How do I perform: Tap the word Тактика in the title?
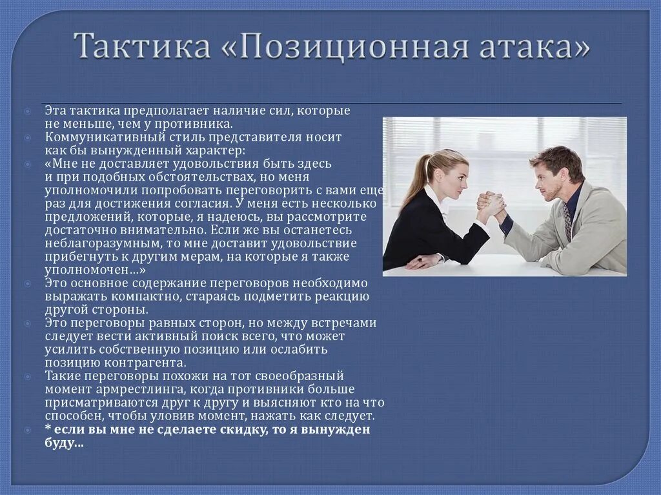click(141, 47)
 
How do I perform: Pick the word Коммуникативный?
click(96, 137)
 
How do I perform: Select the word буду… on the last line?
click(64, 443)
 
